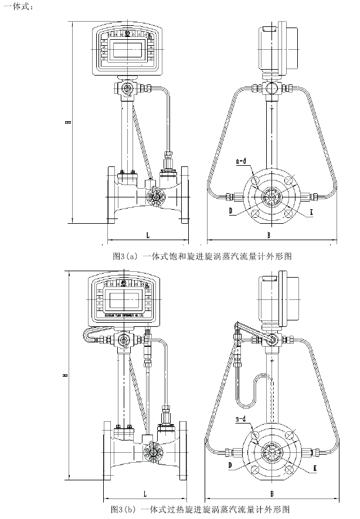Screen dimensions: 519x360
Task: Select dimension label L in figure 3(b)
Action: (144, 487)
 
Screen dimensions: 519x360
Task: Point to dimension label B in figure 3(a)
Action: (268, 235)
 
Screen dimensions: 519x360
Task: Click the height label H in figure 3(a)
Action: (69, 122)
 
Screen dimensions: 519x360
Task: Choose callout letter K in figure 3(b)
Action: (315, 468)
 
